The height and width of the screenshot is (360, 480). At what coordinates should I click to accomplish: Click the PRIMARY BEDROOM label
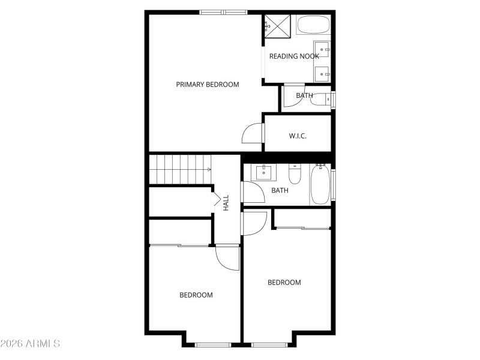[x=207, y=85]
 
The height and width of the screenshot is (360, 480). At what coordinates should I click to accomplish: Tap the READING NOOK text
[x=293, y=56]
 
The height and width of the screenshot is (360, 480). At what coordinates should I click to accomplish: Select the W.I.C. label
[x=298, y=136]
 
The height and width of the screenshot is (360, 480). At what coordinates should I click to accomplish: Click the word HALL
[x=226, y=202]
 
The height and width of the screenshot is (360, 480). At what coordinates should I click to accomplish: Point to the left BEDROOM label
[x=196, y=295]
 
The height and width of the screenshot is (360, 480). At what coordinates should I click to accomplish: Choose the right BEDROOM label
[x=284, y=283]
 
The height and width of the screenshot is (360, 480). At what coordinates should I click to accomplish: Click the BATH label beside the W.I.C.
[x=304, y=95]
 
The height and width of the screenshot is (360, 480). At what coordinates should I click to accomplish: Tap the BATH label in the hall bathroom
[x=280, y=191]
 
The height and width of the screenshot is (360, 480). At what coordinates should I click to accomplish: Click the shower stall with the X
[x=278, y=25]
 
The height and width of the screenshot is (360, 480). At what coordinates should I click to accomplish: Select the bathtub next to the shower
[x=313, y=25]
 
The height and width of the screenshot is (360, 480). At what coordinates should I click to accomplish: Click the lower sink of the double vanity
[x=322, y=74]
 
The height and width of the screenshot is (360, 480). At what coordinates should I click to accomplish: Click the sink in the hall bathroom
[x=264, y=173]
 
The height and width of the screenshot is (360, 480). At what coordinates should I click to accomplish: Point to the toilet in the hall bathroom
[x=295, y=175]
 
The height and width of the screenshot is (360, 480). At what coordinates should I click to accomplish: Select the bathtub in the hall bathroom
[x=320, y=185]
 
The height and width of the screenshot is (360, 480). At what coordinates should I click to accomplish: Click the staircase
[x=181, y=169]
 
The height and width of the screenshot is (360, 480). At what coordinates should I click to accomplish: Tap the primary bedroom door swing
[x=253, y=134]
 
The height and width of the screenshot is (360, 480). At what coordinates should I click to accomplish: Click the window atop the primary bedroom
[x=223, y=11]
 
